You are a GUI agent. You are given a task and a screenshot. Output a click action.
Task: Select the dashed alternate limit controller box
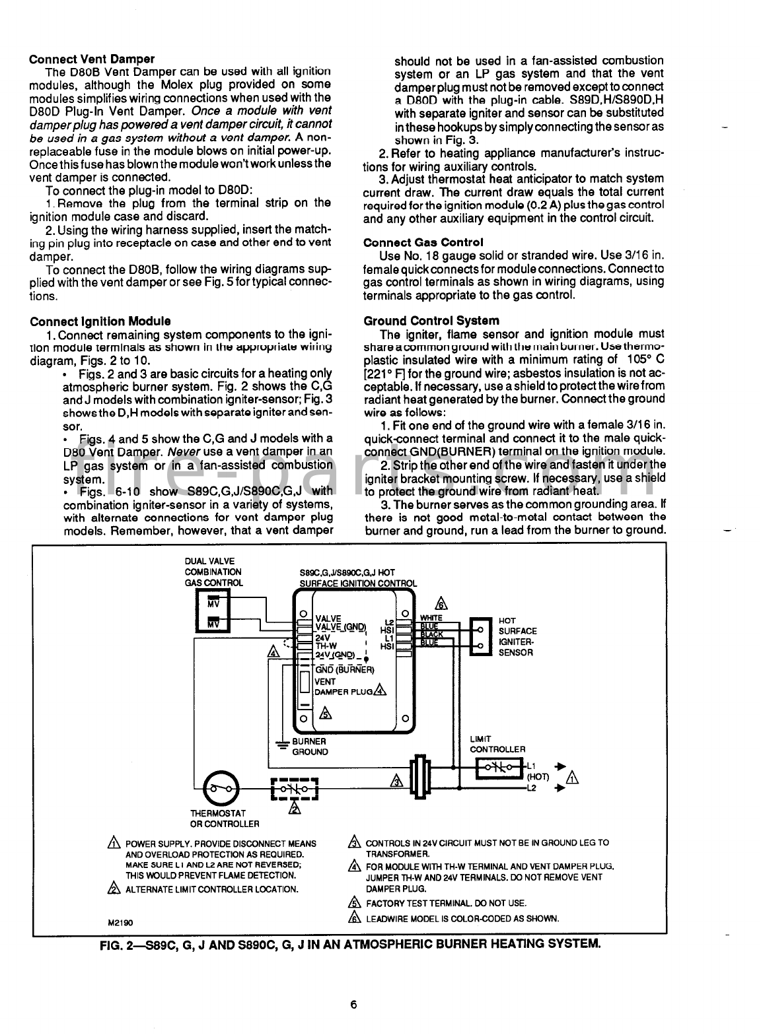pyautogui.click(x=295, y=788)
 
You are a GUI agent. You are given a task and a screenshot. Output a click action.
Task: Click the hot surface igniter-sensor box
pyautogui.click(x=480, y=636)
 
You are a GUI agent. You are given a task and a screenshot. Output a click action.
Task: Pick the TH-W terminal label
pyautogui.click(x=326, y=646)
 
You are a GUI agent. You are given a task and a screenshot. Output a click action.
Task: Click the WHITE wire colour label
pyautogui.click(x=431, y=617)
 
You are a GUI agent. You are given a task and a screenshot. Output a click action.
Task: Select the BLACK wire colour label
pyautogui.click(x=431, y=634)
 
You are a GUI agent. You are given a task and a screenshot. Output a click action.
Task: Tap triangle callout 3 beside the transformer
pyautogui.click(x=396, y=781)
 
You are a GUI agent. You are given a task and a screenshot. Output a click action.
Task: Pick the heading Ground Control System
pyautogui.click(x=431, y=321)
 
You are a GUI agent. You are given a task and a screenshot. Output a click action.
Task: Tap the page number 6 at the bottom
pyautogui.click(x=354, y=1005)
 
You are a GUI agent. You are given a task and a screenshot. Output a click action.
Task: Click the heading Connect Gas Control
pyautogui.click(x=423, y=242)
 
